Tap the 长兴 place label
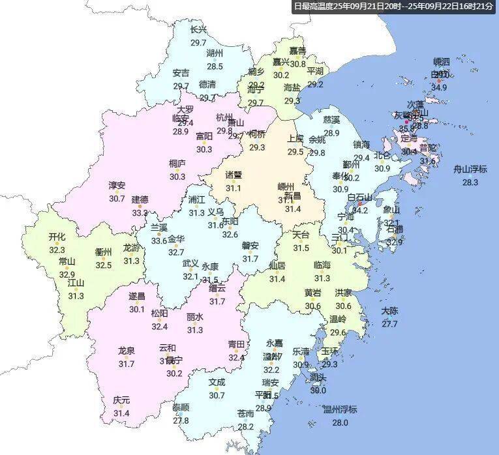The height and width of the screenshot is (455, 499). pyautogui.click(x=198, y=29)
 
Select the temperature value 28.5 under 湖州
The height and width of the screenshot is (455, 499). pyautogui.click(x=215, y=66)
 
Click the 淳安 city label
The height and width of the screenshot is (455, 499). pyautogui.click(x=117, y=185)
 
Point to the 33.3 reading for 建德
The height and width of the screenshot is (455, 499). pyautogui.click(x=140, y=213)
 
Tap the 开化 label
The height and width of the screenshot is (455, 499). pyautogui.click(x=57, y=237)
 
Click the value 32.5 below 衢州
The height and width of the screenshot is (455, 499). pyautogui.click(x=104, y=265)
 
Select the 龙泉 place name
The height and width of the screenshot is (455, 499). pyautogui.click(x=126, y=351)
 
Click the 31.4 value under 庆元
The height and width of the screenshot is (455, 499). pyautogui.click(x=121, y=413)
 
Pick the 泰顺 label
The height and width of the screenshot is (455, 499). pyautogui.click(x=181, y=407)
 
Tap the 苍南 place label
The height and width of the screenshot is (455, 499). pyautogui.click(x=245, y=413)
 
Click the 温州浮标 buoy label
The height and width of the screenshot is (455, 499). pyautogui.click(x=340, y=409)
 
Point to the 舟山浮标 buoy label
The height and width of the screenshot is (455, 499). pyautogui.click(x=470, y=169)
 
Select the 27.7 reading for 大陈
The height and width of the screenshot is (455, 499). pyautogui.click(x=389, y=324)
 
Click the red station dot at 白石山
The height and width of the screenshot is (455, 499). pyautogui.click(x=359, y=204)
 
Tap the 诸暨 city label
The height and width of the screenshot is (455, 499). pyautogui.click(x=234, y=175)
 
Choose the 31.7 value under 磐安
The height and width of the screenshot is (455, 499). pyautogui.click(x=250, y=259)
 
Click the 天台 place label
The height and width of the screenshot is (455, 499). pyautogui.click(x=301, y=235)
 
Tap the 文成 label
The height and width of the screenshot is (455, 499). pyautogui.click(x=217, y=382)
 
